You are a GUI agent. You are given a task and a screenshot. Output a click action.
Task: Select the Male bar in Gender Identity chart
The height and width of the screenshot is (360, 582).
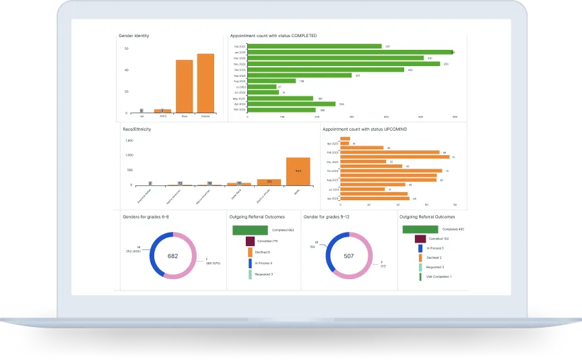pyautogui.click(x=185, y=86)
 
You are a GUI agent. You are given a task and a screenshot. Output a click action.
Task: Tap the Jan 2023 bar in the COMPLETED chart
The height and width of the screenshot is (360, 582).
pyautogui.click(x=350, y=52)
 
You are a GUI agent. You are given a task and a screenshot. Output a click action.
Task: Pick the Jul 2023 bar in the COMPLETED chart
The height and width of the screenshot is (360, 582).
pyautogui.click(x=262, y=86)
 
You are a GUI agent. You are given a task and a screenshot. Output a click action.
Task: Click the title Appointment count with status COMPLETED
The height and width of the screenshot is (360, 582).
pyautogui.click(x=273, y=35)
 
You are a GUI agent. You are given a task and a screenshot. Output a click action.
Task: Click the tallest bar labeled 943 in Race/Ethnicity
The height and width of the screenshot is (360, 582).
pyautogui.click(x=298, y=171)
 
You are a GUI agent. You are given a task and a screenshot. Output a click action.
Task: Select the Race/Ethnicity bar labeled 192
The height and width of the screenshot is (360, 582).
pyautogui.click(x=269, y=181)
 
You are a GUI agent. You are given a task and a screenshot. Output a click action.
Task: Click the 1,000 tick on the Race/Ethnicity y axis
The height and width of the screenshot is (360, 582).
pyautogui.click(x=129, y=155)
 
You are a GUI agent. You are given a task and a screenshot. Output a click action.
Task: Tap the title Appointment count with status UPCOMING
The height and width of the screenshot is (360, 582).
pyautogui.click(x=364, y=128)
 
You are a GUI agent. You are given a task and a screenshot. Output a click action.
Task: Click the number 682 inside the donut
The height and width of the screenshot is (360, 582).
pyautogui.click(x=173, y=256)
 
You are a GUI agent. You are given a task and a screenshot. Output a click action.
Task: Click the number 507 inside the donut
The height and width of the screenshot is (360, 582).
pyautogui.click(x=348, y=256)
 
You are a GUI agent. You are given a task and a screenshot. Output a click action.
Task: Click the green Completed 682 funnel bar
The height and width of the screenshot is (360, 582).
pyautogui.click(x=251, y=230)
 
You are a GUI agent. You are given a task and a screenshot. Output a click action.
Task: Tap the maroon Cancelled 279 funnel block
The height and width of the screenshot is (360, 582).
pyautogui.click(x=249, y=241)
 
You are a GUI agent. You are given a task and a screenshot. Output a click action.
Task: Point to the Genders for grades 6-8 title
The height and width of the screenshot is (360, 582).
pyautogui.click(x=145, y=217)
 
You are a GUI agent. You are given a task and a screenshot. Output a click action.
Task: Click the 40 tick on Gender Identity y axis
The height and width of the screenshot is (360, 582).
pyautogui.click(x=126, y=70)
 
